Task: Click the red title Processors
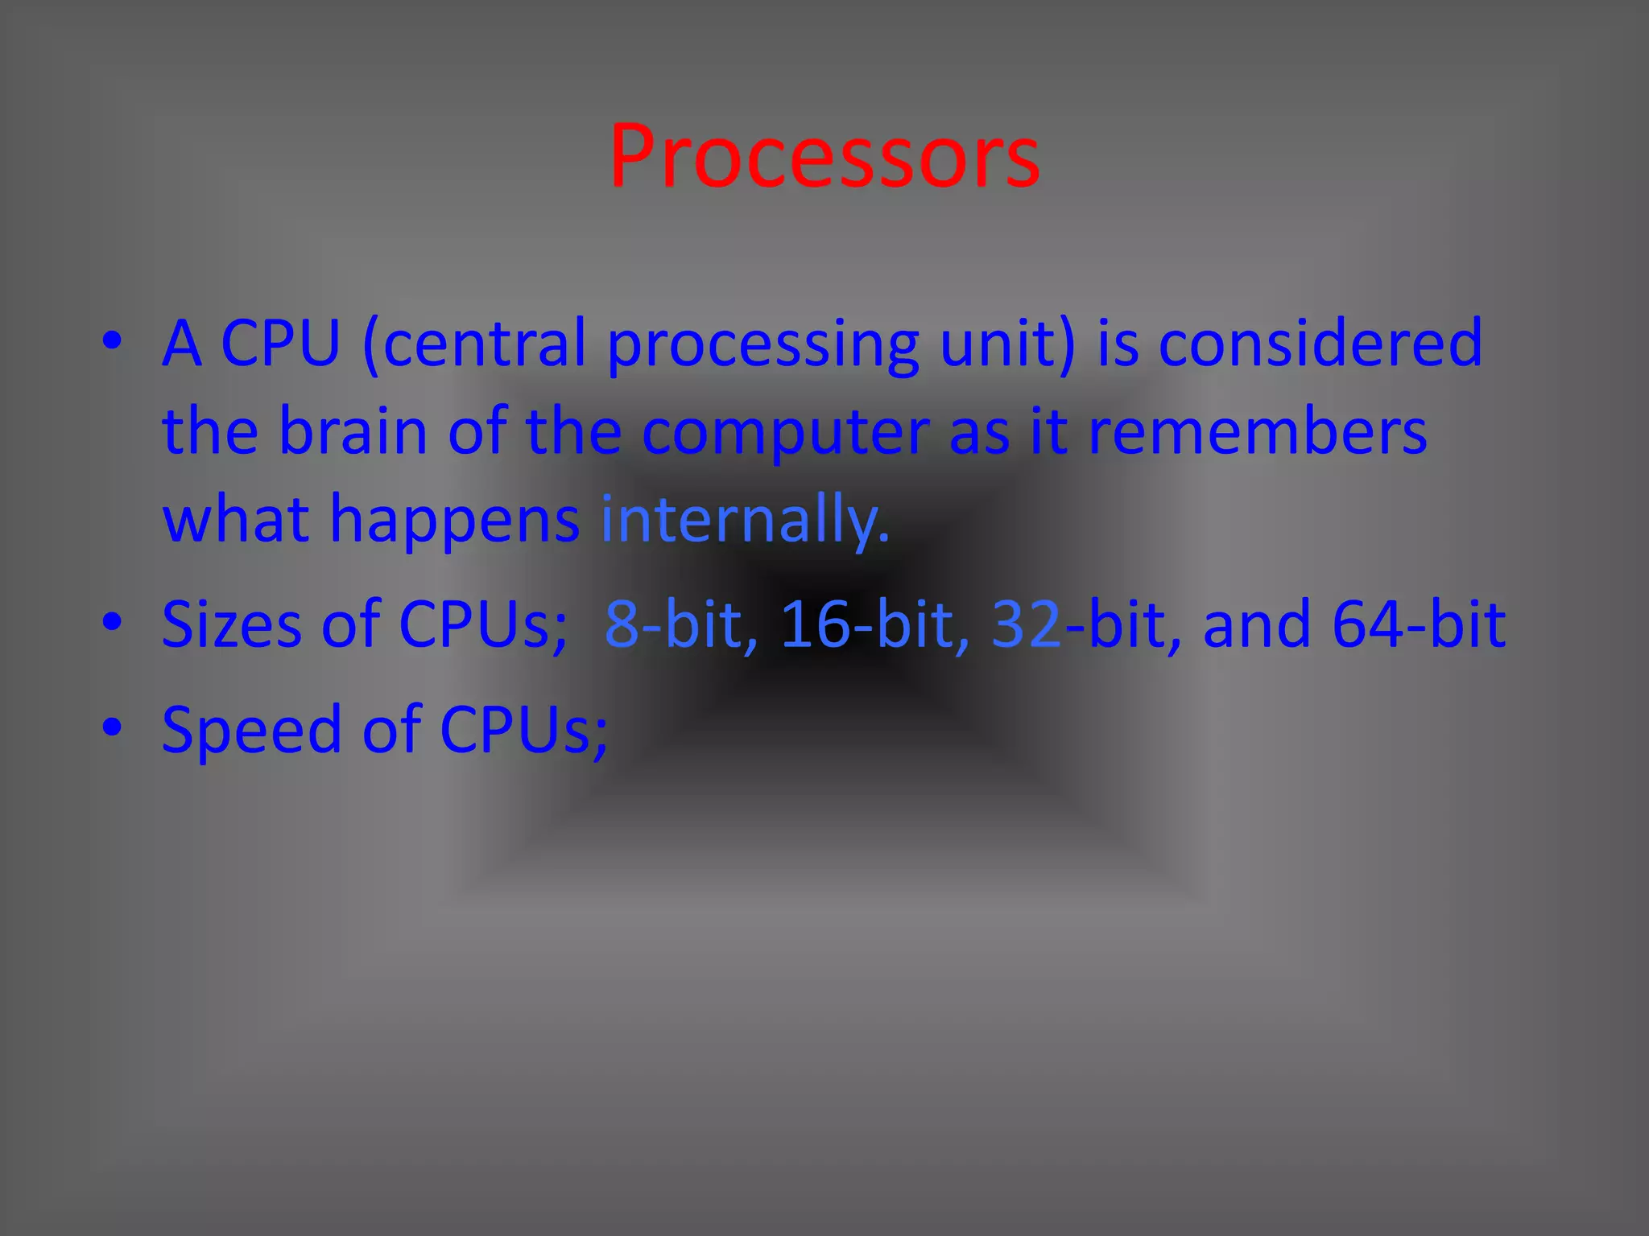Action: point(824,157)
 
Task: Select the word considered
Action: point(1320,344)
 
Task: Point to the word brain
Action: point(353,432)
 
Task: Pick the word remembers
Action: point(1257,432)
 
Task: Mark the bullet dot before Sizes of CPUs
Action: point(113,620)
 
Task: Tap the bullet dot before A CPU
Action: point(113,340)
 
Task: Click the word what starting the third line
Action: point(236,520)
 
